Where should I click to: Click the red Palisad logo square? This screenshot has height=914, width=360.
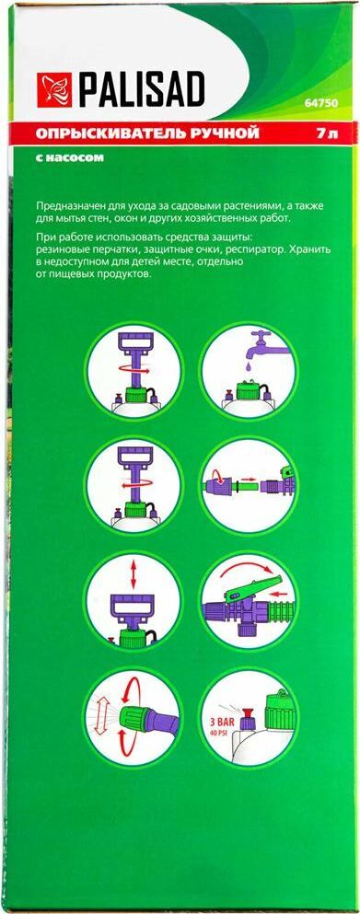tap(54, 90)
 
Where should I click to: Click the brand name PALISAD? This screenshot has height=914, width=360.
tap(142, 90)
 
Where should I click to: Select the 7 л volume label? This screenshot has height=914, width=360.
tap(328, 133)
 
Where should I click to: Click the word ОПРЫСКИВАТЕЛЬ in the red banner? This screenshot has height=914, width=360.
tap(99, 133)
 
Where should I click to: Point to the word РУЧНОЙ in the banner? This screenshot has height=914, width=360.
tap(214, 133)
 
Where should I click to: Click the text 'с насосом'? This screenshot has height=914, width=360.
tap(69, 157)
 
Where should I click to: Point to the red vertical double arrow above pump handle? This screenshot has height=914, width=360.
tap(134, 576)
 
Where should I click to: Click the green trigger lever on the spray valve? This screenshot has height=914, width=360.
tap(255, 586)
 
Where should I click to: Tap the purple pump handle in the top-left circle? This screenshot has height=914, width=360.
tap(136, 355)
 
